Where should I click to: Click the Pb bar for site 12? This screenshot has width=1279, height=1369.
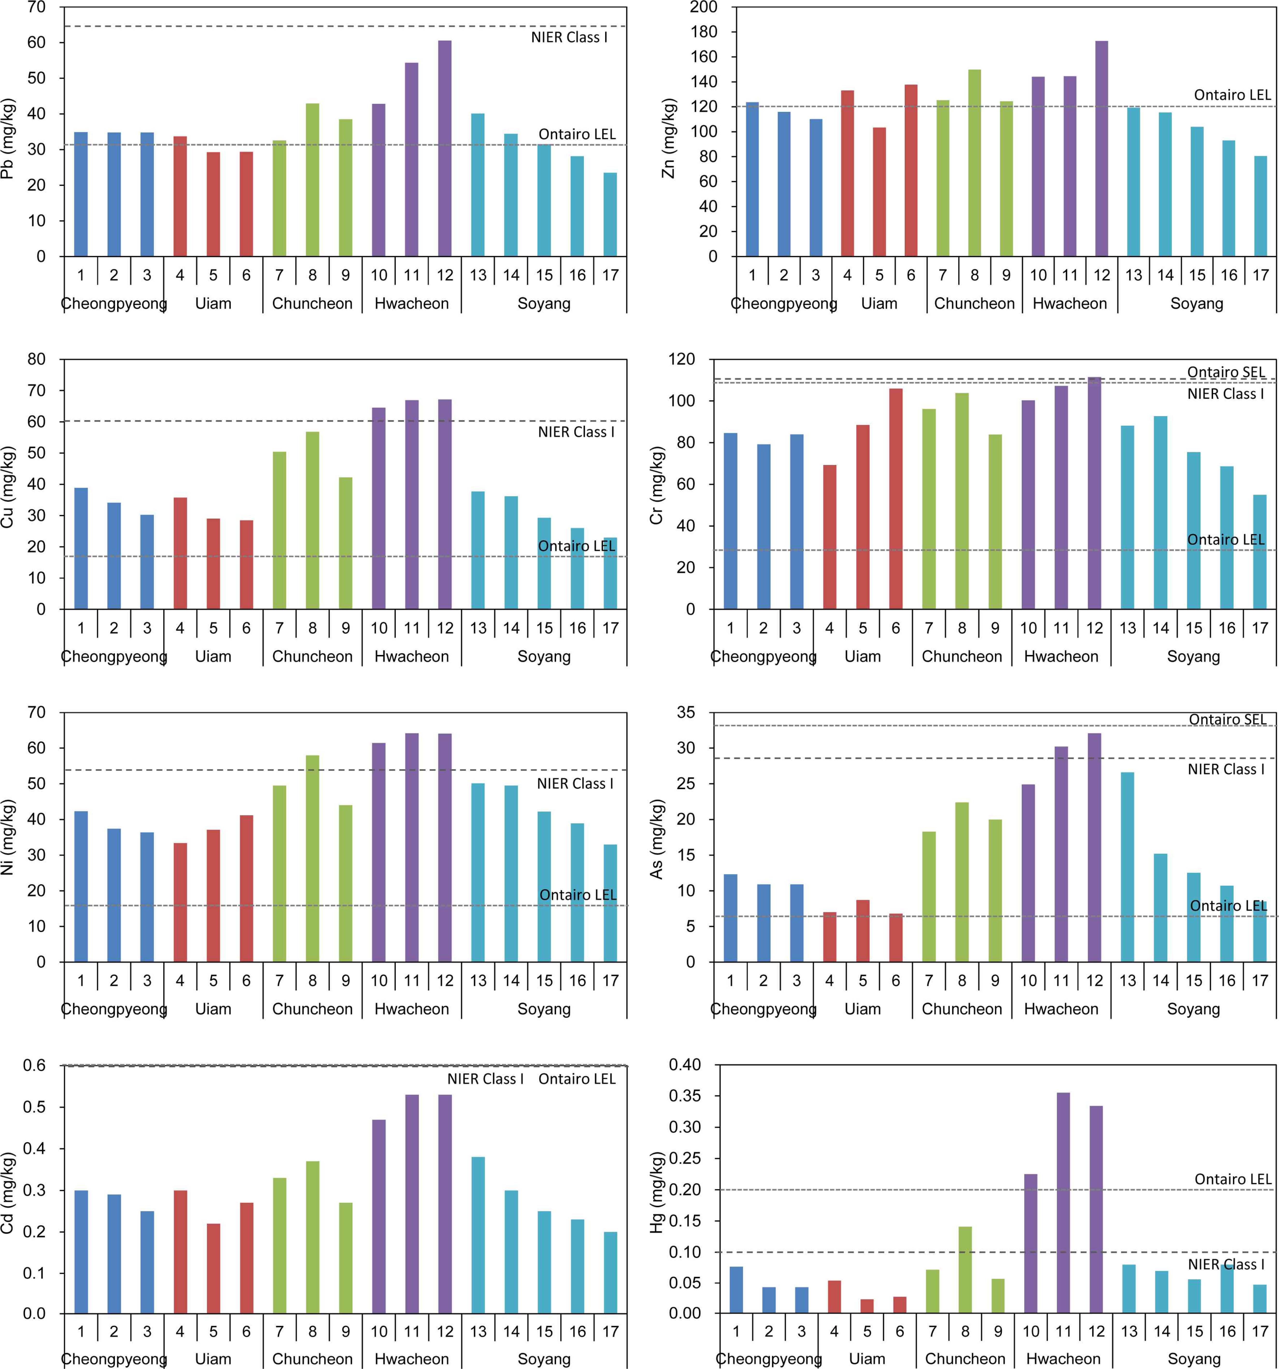[x=445, y=148]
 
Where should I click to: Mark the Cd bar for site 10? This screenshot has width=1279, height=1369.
[x=379, y=1217]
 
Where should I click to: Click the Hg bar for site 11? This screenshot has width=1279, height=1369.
[x=1063, y=1203]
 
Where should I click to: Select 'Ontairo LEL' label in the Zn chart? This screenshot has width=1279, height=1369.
[x=1232, y=95]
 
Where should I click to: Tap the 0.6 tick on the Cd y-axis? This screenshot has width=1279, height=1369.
[x=35, y=1066]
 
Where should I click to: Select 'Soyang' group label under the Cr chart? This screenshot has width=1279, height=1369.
[x=1193, y=656]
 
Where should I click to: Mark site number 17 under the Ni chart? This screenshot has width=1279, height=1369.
[x=610, y=981]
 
